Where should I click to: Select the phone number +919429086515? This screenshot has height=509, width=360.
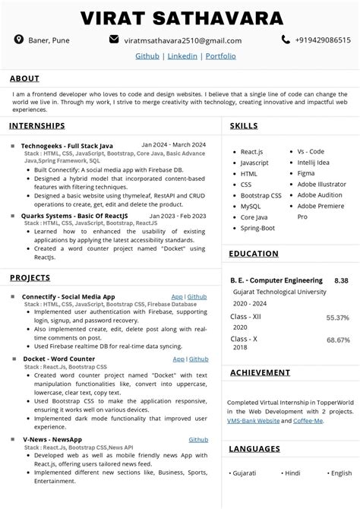point(318,40)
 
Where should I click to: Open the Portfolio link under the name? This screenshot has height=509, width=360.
point(220,55)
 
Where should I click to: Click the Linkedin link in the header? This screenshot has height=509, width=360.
point(182,55)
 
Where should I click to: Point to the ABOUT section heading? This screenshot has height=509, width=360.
point(24,78)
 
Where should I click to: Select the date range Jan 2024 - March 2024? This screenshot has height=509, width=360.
point(173,144)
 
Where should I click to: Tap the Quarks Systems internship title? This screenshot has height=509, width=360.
point(71,216)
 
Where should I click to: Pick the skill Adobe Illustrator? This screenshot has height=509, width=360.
point(322,184)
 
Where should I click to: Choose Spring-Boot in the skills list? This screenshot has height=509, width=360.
point(257,228)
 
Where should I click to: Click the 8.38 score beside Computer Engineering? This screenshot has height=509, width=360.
point(341,280)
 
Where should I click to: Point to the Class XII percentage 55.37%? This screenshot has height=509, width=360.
point(337,318)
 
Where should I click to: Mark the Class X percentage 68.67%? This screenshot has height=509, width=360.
point(337,340)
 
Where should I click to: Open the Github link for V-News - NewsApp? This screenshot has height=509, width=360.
point(198,439)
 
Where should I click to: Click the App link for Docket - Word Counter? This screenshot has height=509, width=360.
point(178,359)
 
